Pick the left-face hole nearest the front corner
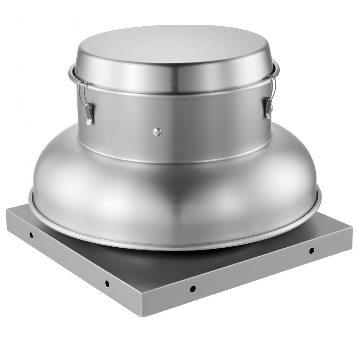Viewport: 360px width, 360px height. click(x=107, y=284)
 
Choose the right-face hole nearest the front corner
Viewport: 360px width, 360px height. click(x=193, y=288)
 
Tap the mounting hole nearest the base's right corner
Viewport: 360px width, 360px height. click(x=311, y=250)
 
